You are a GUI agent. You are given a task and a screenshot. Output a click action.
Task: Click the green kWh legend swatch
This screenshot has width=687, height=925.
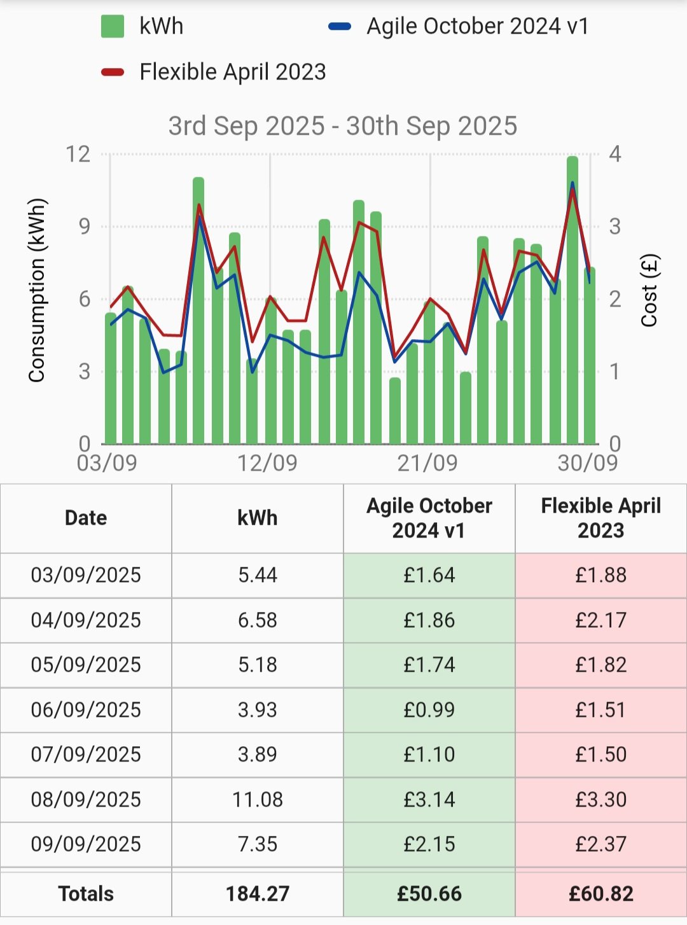[113, 27]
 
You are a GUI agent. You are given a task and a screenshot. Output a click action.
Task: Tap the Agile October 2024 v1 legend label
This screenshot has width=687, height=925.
[477, 27]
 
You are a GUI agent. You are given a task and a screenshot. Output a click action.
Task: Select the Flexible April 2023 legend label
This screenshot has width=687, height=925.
[232, 72]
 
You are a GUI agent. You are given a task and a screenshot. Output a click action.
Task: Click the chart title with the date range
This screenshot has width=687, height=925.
[343, 126]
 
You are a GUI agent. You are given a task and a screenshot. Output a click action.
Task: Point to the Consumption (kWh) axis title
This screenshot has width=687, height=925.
[37, 290]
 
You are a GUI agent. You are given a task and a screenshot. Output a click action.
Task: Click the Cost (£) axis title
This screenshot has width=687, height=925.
[649, 290]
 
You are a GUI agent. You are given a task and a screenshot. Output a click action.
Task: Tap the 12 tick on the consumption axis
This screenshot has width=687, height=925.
[78, 154]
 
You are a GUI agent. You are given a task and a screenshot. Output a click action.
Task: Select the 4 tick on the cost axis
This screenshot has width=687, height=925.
[614, 154]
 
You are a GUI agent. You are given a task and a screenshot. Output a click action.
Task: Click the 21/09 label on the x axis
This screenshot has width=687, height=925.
[427, 462]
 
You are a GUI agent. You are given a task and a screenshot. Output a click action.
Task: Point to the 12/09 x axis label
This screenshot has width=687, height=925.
[267, 462]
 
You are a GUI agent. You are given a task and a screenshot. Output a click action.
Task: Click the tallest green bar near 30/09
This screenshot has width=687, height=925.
[572, 299]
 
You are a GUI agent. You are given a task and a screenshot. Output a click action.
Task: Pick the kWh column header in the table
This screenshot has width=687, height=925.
[258, 518]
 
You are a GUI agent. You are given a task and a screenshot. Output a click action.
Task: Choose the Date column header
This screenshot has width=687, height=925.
[86, 518]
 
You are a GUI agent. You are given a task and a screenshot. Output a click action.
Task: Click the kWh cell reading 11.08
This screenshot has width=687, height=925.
[258, 799]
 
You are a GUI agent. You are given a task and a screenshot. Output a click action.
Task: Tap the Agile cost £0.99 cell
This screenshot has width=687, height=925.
[429, 709]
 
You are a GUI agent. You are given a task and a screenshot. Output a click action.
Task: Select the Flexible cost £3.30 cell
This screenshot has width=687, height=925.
[601, 799]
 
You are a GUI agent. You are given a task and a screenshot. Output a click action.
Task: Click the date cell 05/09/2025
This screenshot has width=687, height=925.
[86, 665]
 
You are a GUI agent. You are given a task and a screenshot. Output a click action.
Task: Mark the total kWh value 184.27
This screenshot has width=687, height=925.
[258, 894]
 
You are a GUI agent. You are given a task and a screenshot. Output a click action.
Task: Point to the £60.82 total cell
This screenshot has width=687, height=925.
[601, 894]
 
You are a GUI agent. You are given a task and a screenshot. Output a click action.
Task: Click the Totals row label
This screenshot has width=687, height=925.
[86, 894]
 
